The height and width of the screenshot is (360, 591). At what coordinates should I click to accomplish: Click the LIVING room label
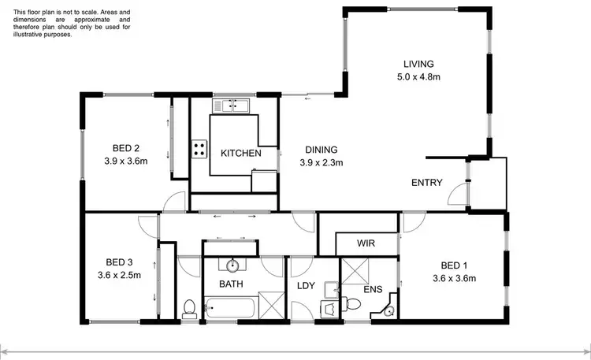tap(419, 64)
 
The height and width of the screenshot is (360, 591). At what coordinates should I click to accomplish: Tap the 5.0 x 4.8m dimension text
tap(419, 77)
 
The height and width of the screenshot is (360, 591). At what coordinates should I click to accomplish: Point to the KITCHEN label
tap(240, 153)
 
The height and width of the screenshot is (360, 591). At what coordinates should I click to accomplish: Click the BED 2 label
tap(126, 148)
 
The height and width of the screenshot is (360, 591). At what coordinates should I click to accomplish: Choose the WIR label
tap(365, 244)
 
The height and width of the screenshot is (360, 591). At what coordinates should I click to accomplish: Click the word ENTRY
tap(427, 183)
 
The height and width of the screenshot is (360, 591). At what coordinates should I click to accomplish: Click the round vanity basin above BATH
tap(234, 265)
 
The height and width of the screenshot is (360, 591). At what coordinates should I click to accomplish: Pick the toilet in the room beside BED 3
tap(189, 308)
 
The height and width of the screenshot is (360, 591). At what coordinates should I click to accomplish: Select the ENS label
tap(372, 290)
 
